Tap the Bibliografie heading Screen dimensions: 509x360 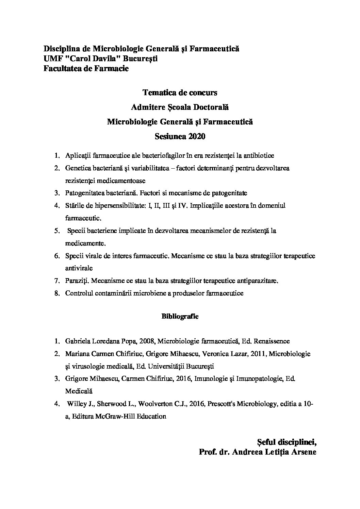click(180, 316)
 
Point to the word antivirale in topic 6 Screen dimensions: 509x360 click(79, 268)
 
